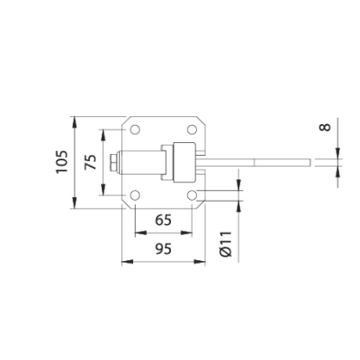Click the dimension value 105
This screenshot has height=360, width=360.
point(62,161)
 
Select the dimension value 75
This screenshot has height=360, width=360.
point(91,162)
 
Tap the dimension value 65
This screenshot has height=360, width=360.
point(164,220)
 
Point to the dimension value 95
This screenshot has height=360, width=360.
point(164,249)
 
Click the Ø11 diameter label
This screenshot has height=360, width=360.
point(226,244)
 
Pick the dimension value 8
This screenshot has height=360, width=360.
point(325,127)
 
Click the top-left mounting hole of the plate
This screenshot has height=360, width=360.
point(135,130)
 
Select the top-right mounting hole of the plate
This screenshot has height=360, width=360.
point(192,130)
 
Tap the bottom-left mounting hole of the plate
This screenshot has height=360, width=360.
point(135,195)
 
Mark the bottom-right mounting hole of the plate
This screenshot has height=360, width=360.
point(192,195)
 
